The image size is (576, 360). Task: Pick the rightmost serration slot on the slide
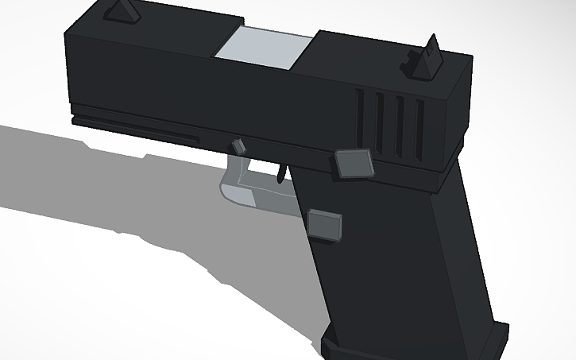click(419, 127)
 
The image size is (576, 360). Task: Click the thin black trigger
click(281, 172)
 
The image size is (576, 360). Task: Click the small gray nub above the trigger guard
click(238, 145)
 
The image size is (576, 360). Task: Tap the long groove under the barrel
click(135, 131)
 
